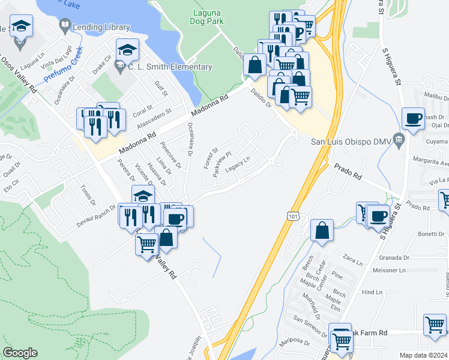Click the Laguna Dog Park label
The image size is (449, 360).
208,17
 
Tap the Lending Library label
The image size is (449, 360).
101,27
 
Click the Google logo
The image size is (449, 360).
20,353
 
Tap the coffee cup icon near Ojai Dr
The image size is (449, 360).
414,119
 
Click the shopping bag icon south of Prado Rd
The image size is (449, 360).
322,232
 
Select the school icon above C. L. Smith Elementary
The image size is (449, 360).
127,50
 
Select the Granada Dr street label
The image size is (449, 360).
394,258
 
